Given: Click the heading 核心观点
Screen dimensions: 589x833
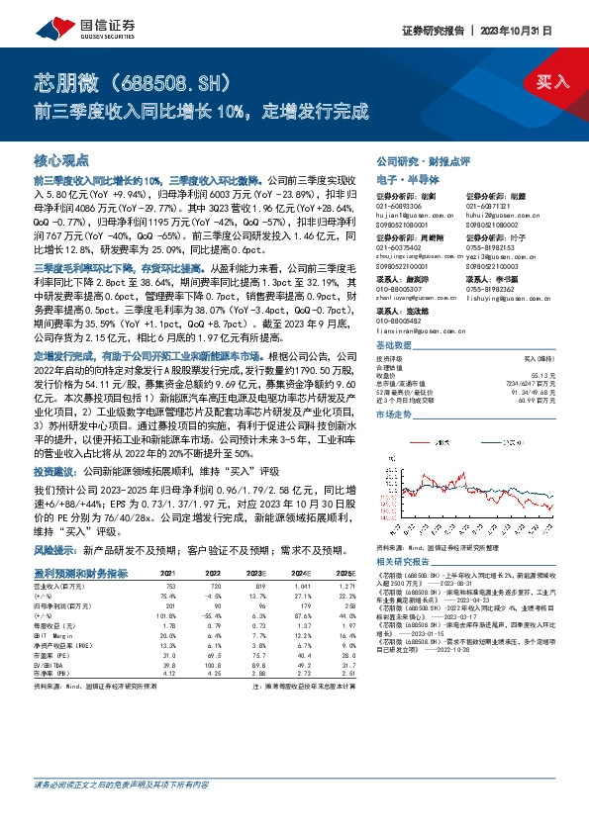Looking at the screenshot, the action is (62, 159).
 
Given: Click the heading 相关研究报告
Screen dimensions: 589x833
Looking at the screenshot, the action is (404, 561).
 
